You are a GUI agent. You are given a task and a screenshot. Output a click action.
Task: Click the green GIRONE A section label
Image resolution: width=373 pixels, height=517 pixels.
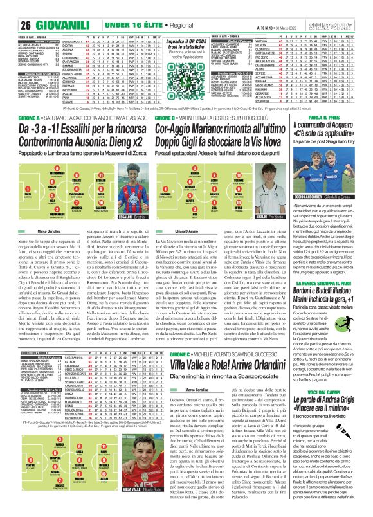(18, 102)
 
